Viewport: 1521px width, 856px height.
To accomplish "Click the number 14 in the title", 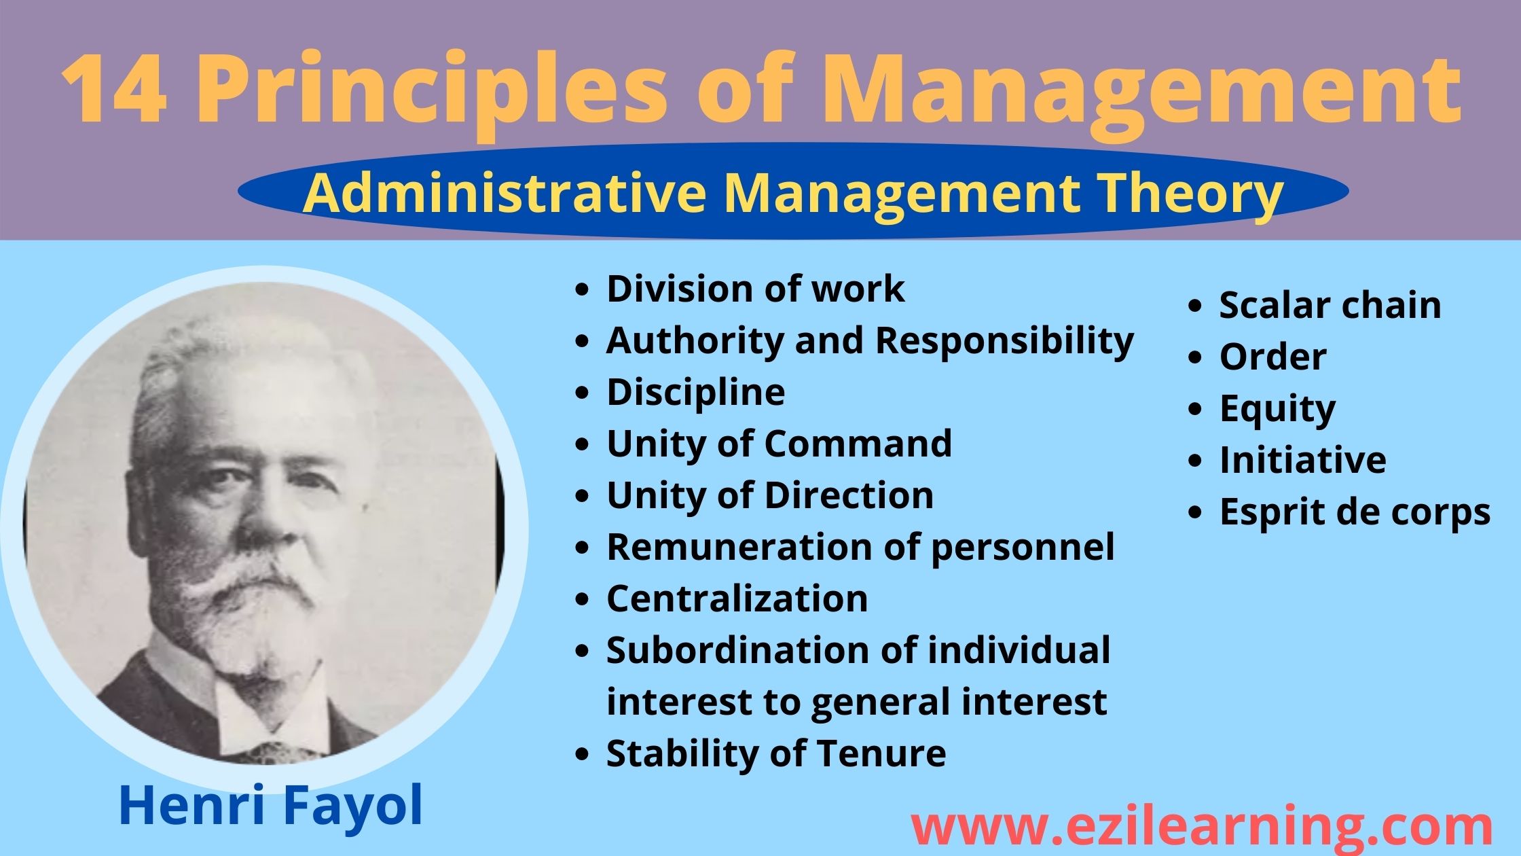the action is [x=113, y=90].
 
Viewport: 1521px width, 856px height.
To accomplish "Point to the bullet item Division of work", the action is [x=755, y=289].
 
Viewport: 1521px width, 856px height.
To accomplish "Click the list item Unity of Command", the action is [x=779, y=444].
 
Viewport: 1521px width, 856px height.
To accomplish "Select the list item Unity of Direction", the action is [x=770, y=495].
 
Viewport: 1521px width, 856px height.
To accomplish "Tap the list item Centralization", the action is [x=737, y=599].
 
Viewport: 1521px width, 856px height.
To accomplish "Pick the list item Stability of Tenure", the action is [x=776, y=753].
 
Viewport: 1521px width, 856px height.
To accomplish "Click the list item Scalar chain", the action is [x=1330, y=305].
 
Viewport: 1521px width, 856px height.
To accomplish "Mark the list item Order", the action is [x=1272, y=357].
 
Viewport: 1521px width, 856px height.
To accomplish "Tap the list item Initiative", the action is [x=1303, y=460].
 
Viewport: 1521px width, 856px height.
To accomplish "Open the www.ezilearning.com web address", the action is [x=1201, y=827].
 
